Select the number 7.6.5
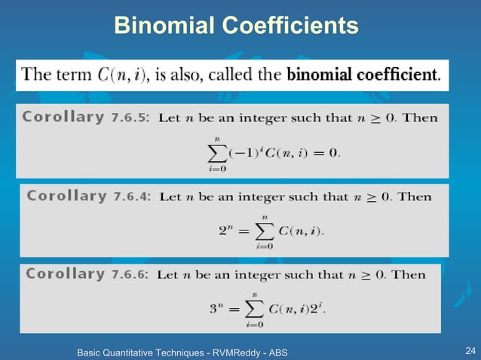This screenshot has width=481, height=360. pos(132,118)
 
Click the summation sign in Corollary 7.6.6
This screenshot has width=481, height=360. pos(254,308)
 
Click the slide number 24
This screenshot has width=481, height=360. pos(471,351)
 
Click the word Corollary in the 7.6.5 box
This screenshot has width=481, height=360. pos(63,117)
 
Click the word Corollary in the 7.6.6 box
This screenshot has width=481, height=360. pos(65,274)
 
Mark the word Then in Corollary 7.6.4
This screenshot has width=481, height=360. pos(415,197)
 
